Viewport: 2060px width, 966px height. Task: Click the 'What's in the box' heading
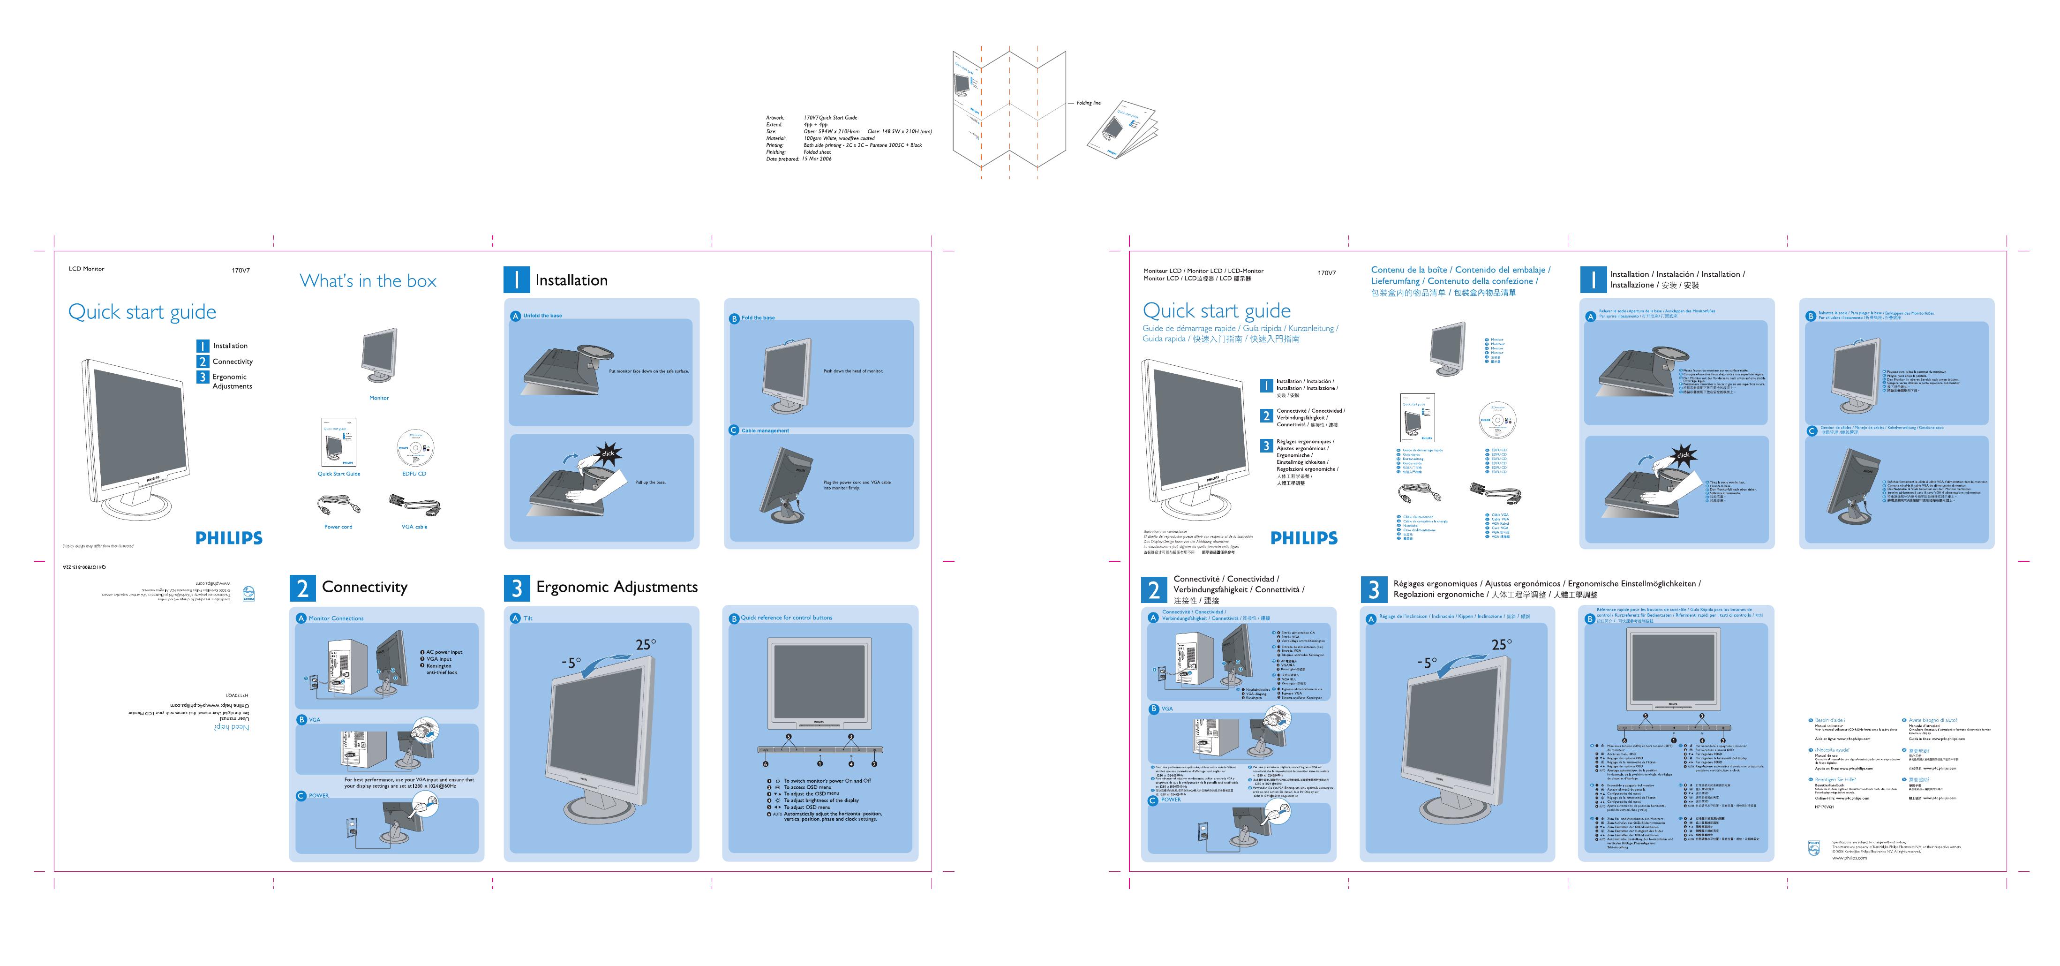tap(368, 281)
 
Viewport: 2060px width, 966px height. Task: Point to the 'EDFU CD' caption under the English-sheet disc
tap(414, 474)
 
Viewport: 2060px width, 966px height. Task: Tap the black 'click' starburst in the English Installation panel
tap(608, 453)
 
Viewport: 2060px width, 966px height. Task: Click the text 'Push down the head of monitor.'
tap(853, 371)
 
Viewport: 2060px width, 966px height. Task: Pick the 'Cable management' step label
tap(765, 430)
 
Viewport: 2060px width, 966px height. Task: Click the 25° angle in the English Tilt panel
tap(646, 644)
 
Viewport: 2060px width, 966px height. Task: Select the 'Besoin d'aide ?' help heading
tap(1830, 720)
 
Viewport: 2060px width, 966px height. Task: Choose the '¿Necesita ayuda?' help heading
tap(1832, 750)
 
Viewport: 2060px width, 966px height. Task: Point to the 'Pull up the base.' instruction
tap(650, 482)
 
